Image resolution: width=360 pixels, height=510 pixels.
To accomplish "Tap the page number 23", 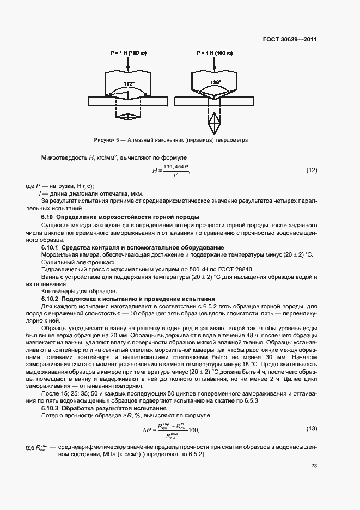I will [314, 466].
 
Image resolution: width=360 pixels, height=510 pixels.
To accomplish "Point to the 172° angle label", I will [129, 84].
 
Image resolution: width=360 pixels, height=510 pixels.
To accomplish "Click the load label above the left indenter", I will [127, 53].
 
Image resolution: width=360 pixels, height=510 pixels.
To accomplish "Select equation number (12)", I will [311, 171].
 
